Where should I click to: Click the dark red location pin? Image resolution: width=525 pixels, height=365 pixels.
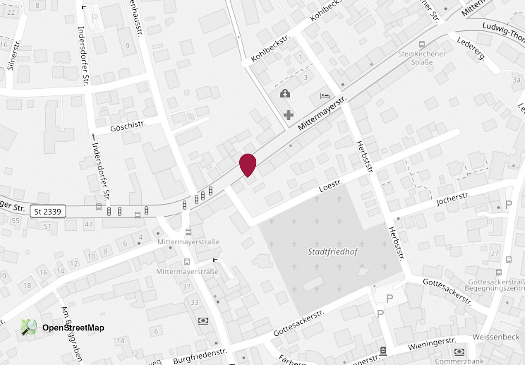point(247,164)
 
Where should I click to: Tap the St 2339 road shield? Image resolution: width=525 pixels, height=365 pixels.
point(48,212)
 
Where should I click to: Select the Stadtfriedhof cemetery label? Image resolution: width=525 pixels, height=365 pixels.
point(333,252)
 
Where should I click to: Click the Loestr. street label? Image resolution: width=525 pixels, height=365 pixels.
point(330,186)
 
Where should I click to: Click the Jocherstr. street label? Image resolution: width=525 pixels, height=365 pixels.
point(453,199)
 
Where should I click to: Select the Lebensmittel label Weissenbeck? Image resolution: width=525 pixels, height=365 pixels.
point(495,337)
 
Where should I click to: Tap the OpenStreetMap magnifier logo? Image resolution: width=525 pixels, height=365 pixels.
point(29,327)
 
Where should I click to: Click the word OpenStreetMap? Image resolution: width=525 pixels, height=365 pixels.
point(73,328)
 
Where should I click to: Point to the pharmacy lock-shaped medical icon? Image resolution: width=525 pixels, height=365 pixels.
point(285,93)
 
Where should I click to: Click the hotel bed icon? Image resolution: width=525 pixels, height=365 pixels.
point(325,96)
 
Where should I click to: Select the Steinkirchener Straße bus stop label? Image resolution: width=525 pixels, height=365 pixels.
point(422,58)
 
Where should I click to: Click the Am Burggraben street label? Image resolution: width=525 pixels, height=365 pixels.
point(71,334)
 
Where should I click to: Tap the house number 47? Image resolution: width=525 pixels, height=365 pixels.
point(88,224)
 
